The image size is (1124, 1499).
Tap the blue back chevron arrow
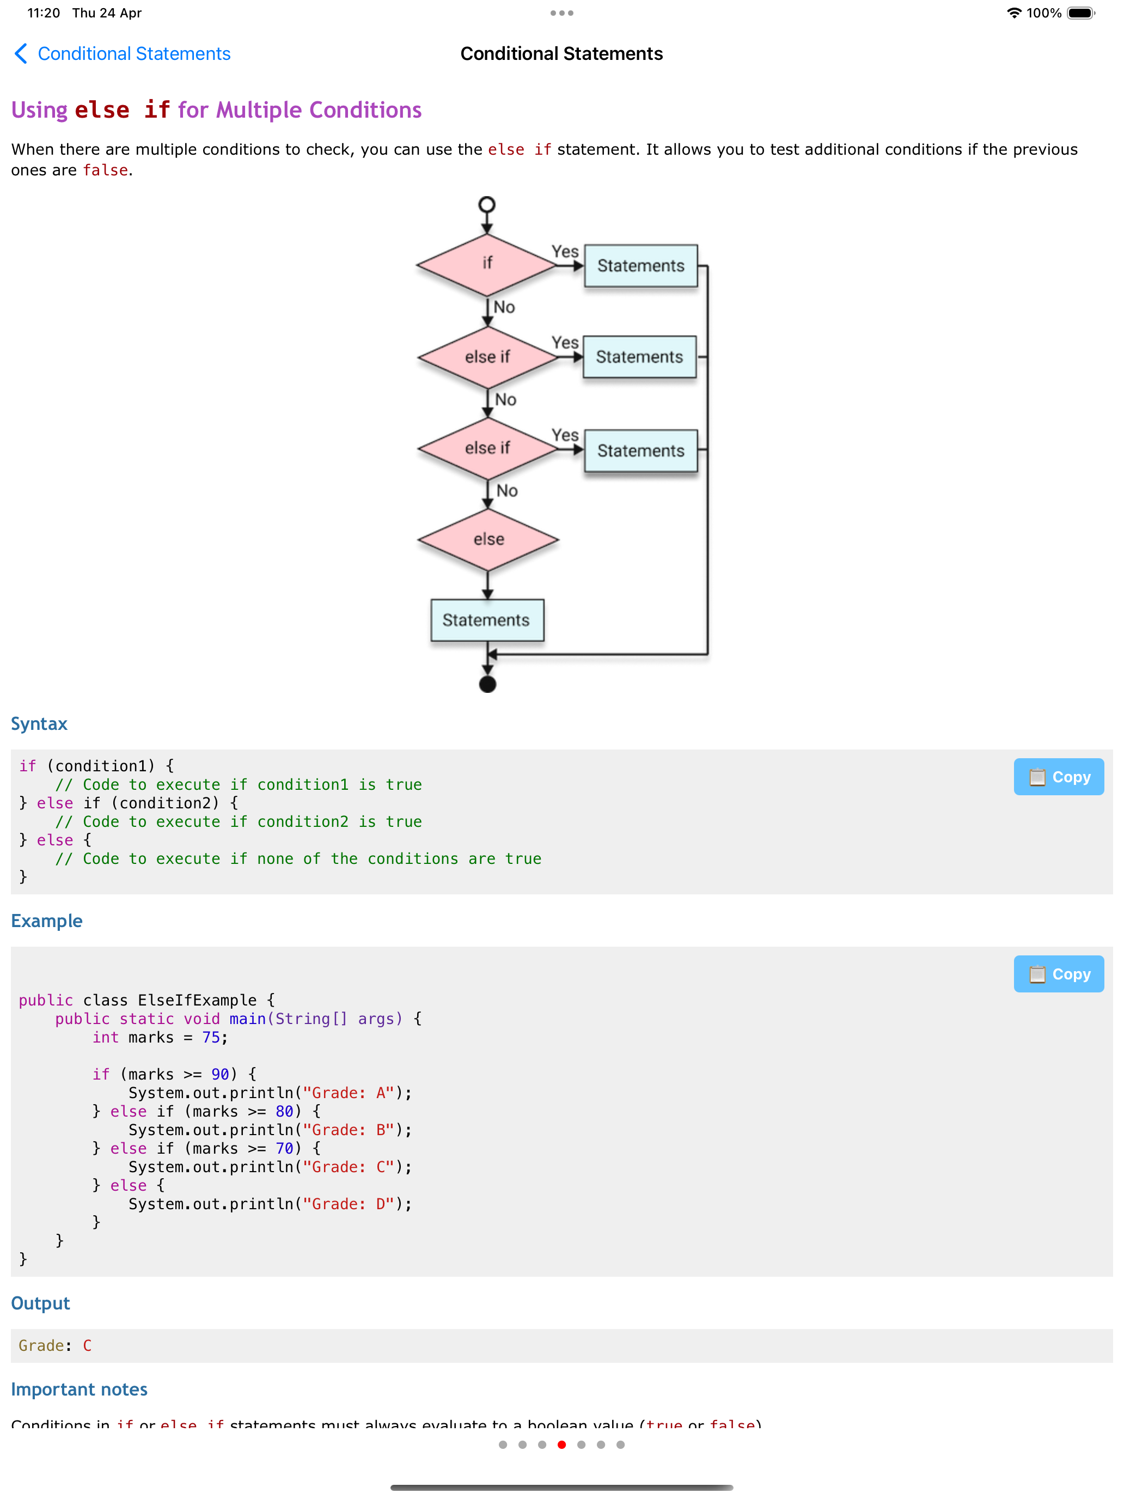[x=21, y=53]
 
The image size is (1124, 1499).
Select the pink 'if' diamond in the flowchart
[x=486, y=264]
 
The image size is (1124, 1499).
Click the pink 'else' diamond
[x=488, y=539]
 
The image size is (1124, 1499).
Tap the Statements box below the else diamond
[x=486, y=619]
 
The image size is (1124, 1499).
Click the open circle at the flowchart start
[x=486, y=205]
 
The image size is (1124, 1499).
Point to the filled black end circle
[x=487, y=685]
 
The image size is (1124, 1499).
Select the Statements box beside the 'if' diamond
[x=640, y=266]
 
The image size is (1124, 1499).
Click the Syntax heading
[x=39, y=724]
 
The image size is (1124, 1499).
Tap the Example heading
[x=47, y=921]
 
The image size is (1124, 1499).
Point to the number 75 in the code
[x=211, y=1038]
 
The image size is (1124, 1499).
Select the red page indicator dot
[x=561, y=1445]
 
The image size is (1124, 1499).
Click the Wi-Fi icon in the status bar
[x=1013, y=13]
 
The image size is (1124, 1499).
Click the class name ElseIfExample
[x=197, y=1000]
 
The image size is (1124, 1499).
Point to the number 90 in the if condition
[x=220, y=1074]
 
